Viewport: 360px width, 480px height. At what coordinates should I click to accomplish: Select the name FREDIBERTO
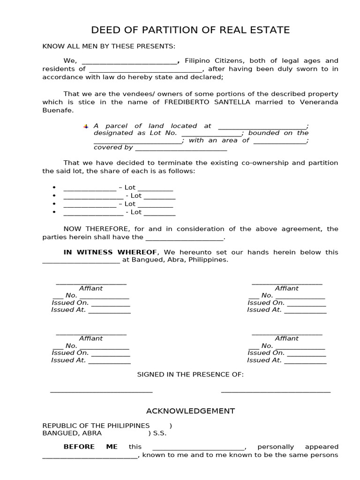[x=184, y=102]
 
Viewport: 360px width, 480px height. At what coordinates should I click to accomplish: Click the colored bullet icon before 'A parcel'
[x=86, y=126]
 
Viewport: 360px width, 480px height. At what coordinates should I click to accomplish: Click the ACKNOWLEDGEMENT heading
[x=190, y=411]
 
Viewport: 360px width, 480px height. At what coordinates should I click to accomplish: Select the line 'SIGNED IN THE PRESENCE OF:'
[x=190, y=375]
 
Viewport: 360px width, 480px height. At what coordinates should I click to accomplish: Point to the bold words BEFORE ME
[x=90, y=447]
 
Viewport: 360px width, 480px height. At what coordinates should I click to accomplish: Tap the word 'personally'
[x=276, y=447]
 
